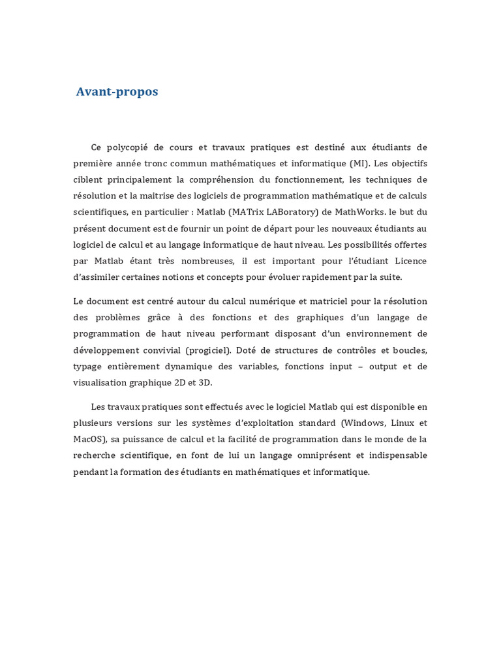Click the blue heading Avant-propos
click(x=117, y=92)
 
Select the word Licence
click(x=410, y=261)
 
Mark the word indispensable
click(x=395, y=455)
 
